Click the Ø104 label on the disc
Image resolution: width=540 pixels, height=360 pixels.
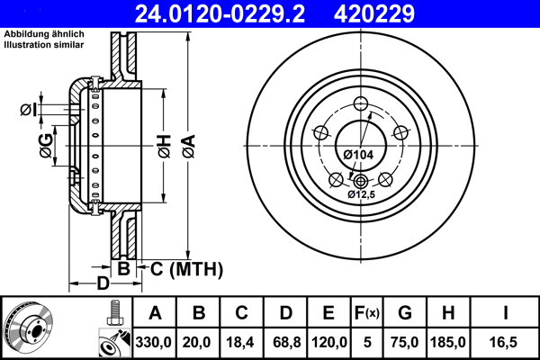coord(359,155)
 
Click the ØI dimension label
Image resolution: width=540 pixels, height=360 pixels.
coord(27,110)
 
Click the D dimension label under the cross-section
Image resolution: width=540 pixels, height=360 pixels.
coord(103,284)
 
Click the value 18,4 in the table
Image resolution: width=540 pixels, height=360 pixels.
coord(241,343)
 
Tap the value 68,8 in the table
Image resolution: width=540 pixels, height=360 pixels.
coord(284,343)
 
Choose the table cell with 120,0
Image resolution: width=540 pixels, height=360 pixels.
coord(328,343)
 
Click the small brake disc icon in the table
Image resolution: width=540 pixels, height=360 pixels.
coord(27,328)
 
